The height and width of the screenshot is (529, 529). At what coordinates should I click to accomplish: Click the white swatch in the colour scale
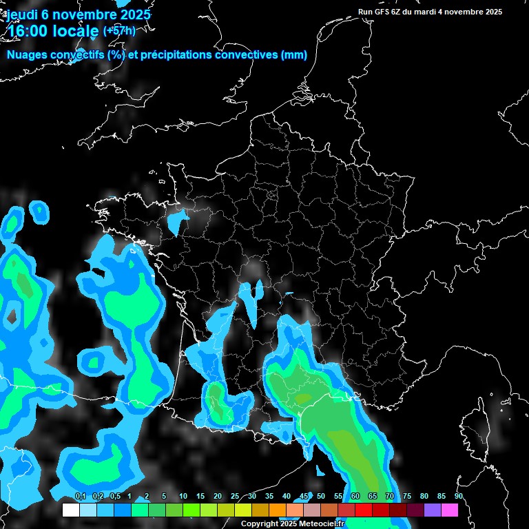coord(70,510)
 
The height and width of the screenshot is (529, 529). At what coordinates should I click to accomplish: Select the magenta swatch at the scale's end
coord(449,510)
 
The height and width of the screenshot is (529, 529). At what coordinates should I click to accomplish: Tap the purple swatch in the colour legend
coord(433,510)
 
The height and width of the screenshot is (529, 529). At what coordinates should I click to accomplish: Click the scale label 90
coord(459,497)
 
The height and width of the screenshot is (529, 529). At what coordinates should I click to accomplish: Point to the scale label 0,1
coord(80,497)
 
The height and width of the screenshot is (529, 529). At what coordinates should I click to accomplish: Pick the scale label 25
coord(235,497)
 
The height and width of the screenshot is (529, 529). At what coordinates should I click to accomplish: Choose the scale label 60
coord(355,497)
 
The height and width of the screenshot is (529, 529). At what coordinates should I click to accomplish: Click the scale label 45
coord(304,497)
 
